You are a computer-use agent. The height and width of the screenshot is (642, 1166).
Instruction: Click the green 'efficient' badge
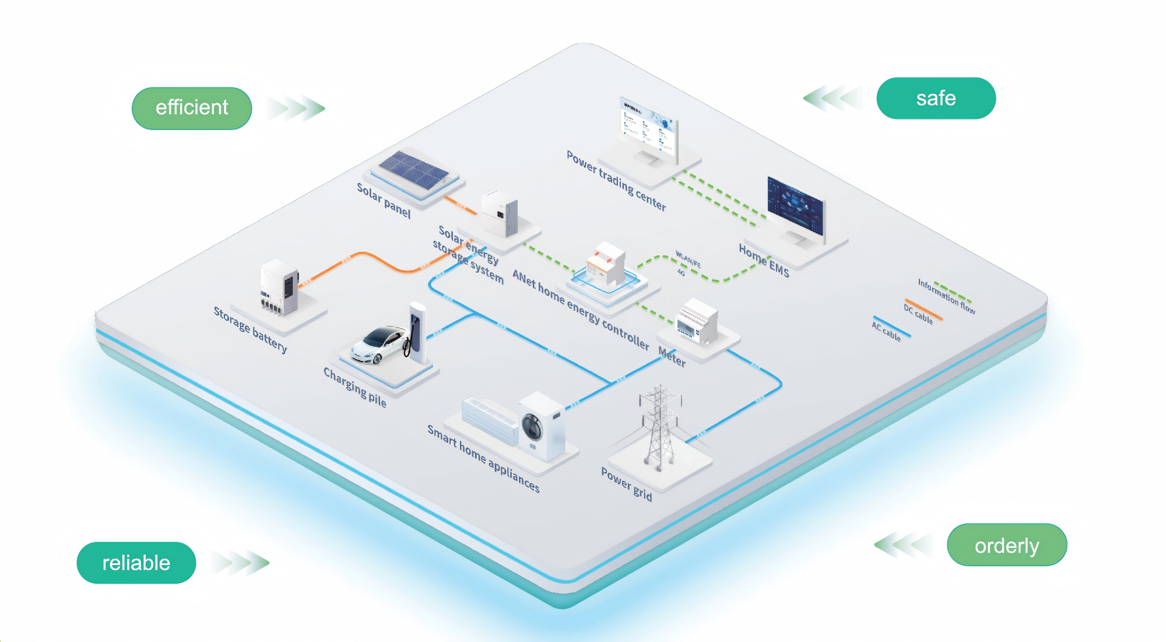pos(192,108)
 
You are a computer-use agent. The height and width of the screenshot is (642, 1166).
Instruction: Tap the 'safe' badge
pos(936,98)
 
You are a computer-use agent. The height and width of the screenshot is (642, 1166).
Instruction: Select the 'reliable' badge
pos(136,563)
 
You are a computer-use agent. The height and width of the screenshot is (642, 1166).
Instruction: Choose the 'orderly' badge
pos(1007,545)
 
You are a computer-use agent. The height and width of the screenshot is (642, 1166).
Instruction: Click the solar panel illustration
pos(413,170)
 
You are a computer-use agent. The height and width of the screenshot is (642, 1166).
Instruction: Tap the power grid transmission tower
pos(659,426)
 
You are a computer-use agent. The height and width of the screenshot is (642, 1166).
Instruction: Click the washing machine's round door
pos(532,426)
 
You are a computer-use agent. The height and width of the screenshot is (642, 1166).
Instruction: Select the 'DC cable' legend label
pos(918,314)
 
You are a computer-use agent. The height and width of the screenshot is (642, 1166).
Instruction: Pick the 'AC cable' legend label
pos(886,331)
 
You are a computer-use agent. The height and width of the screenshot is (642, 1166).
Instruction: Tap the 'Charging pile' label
pos(354,387)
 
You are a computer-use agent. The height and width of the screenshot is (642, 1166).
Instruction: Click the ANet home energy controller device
pos(606,269)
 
